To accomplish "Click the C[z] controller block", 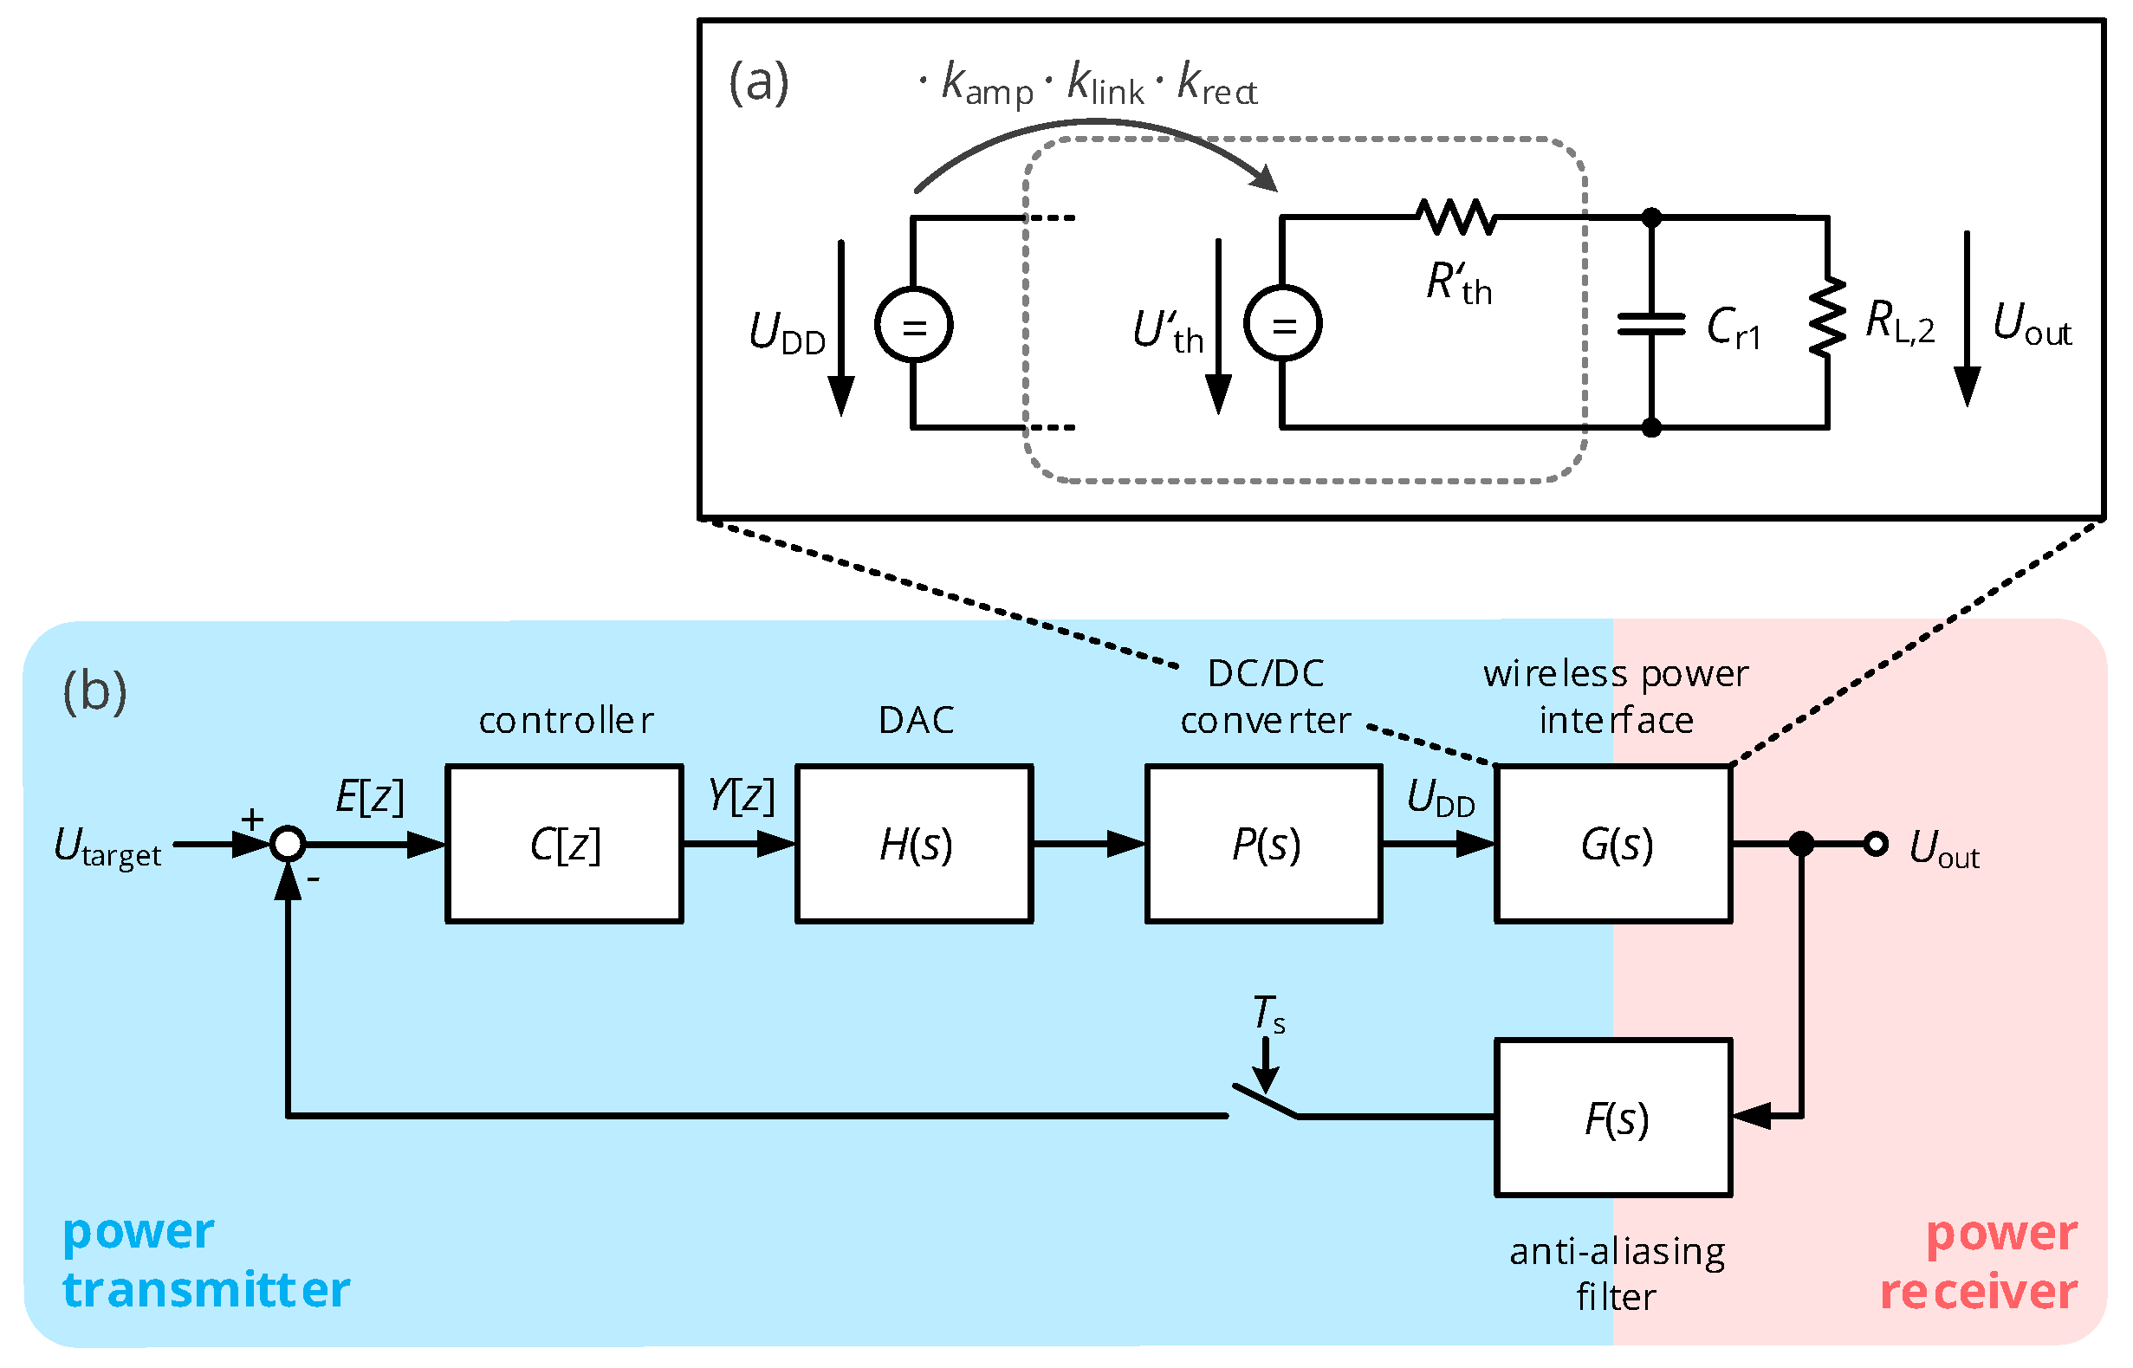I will coord(564,844).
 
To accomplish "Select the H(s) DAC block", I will coord(914,844).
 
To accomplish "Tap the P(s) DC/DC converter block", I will coord(1264,844).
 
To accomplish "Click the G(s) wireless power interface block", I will coord(1614,844).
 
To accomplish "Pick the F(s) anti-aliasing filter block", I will coord(1614,1118).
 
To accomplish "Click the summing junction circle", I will coord(288,844).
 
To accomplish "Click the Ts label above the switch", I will coord(1267,1015).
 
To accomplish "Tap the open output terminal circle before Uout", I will coord(1876,844).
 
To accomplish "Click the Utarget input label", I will coord(107,846).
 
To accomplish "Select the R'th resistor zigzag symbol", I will coord(1457,217).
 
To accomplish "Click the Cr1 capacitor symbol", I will coord(1650,325).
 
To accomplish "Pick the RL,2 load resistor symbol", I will coord(1827,318).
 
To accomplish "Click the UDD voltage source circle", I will coord(913,325).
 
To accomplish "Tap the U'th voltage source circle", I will coord(1282,323).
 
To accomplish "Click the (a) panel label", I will coord(758,82).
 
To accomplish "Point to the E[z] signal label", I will coord(370,797).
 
